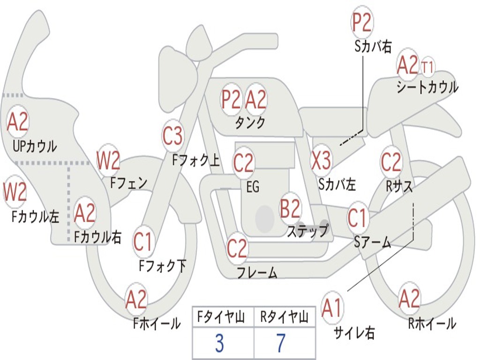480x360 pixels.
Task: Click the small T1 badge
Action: click(427, 67)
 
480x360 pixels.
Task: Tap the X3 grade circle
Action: click(322, 160)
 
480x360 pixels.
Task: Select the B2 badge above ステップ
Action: click(290, 209)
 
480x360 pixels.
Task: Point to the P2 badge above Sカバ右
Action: click(362, 22)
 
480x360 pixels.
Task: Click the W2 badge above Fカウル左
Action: click(15, 192)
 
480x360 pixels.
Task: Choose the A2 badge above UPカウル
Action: click(18, 122)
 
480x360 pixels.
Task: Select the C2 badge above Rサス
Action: click(391, 162)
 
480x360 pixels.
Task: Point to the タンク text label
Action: click(250, 123)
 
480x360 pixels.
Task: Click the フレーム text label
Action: click(257, 272)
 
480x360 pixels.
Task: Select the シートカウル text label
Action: click(427, 88)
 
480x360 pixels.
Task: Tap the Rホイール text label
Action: click(432, 323)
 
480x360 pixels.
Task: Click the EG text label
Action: click(253, 187)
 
